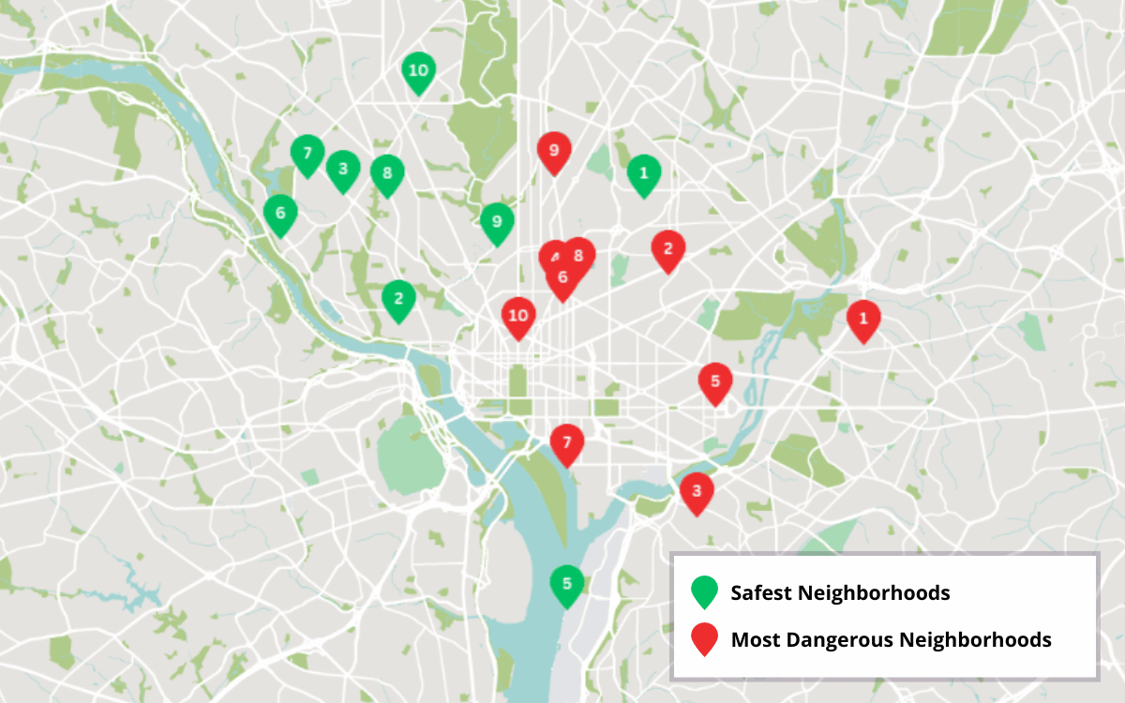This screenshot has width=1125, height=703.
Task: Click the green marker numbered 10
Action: (x=418, y=71)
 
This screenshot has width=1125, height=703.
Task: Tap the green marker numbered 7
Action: (x=307, y=154)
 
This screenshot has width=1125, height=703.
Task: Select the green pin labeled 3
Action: (x=343, y=170)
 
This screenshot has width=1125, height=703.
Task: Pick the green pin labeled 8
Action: (x=386, y=173)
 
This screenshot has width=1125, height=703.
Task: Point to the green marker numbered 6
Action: (x=279, y=214)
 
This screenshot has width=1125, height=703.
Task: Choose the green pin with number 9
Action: (x=497, y=222)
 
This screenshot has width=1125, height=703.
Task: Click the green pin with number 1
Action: (x=643, y=173)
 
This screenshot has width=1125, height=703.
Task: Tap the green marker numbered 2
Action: (x=398, y=300)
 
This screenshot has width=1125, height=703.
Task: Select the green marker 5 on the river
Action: (x=566, y=584)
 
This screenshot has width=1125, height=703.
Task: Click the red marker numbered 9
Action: (x=554, y=151)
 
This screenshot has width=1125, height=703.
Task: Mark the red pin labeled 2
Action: (x=667, y=249)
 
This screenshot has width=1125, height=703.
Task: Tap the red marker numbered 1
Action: (x=863, y=320)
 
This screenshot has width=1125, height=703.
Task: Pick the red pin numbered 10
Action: (x=517, y=316)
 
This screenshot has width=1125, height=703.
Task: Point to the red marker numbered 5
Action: (x=715, y=382)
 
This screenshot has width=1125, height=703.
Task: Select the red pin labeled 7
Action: (x=566, y=443)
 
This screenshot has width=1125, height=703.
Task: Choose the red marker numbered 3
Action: (x=696, y=491)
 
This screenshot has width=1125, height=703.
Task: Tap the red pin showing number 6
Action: (x=562, y=278)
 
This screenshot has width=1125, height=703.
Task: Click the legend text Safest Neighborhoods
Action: (x=840, y=593)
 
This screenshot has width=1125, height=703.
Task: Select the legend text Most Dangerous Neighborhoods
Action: (x=891, y=640)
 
